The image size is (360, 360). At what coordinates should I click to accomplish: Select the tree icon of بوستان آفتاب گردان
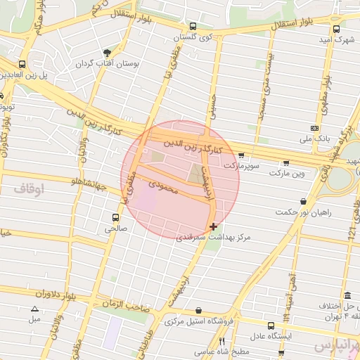tap(107, 52)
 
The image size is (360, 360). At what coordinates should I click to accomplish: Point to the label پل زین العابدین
tap(25, 74)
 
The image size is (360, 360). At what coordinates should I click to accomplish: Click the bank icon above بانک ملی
tap(314, 129)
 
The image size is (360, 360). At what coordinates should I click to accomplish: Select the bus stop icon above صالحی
tap(115, 217)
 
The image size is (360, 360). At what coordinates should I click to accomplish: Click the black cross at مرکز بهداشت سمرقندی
tap(213, 226)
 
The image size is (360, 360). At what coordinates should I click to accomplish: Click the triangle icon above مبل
tap(34, 309)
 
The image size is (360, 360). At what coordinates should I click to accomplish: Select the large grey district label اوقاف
tap(28, 188)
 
